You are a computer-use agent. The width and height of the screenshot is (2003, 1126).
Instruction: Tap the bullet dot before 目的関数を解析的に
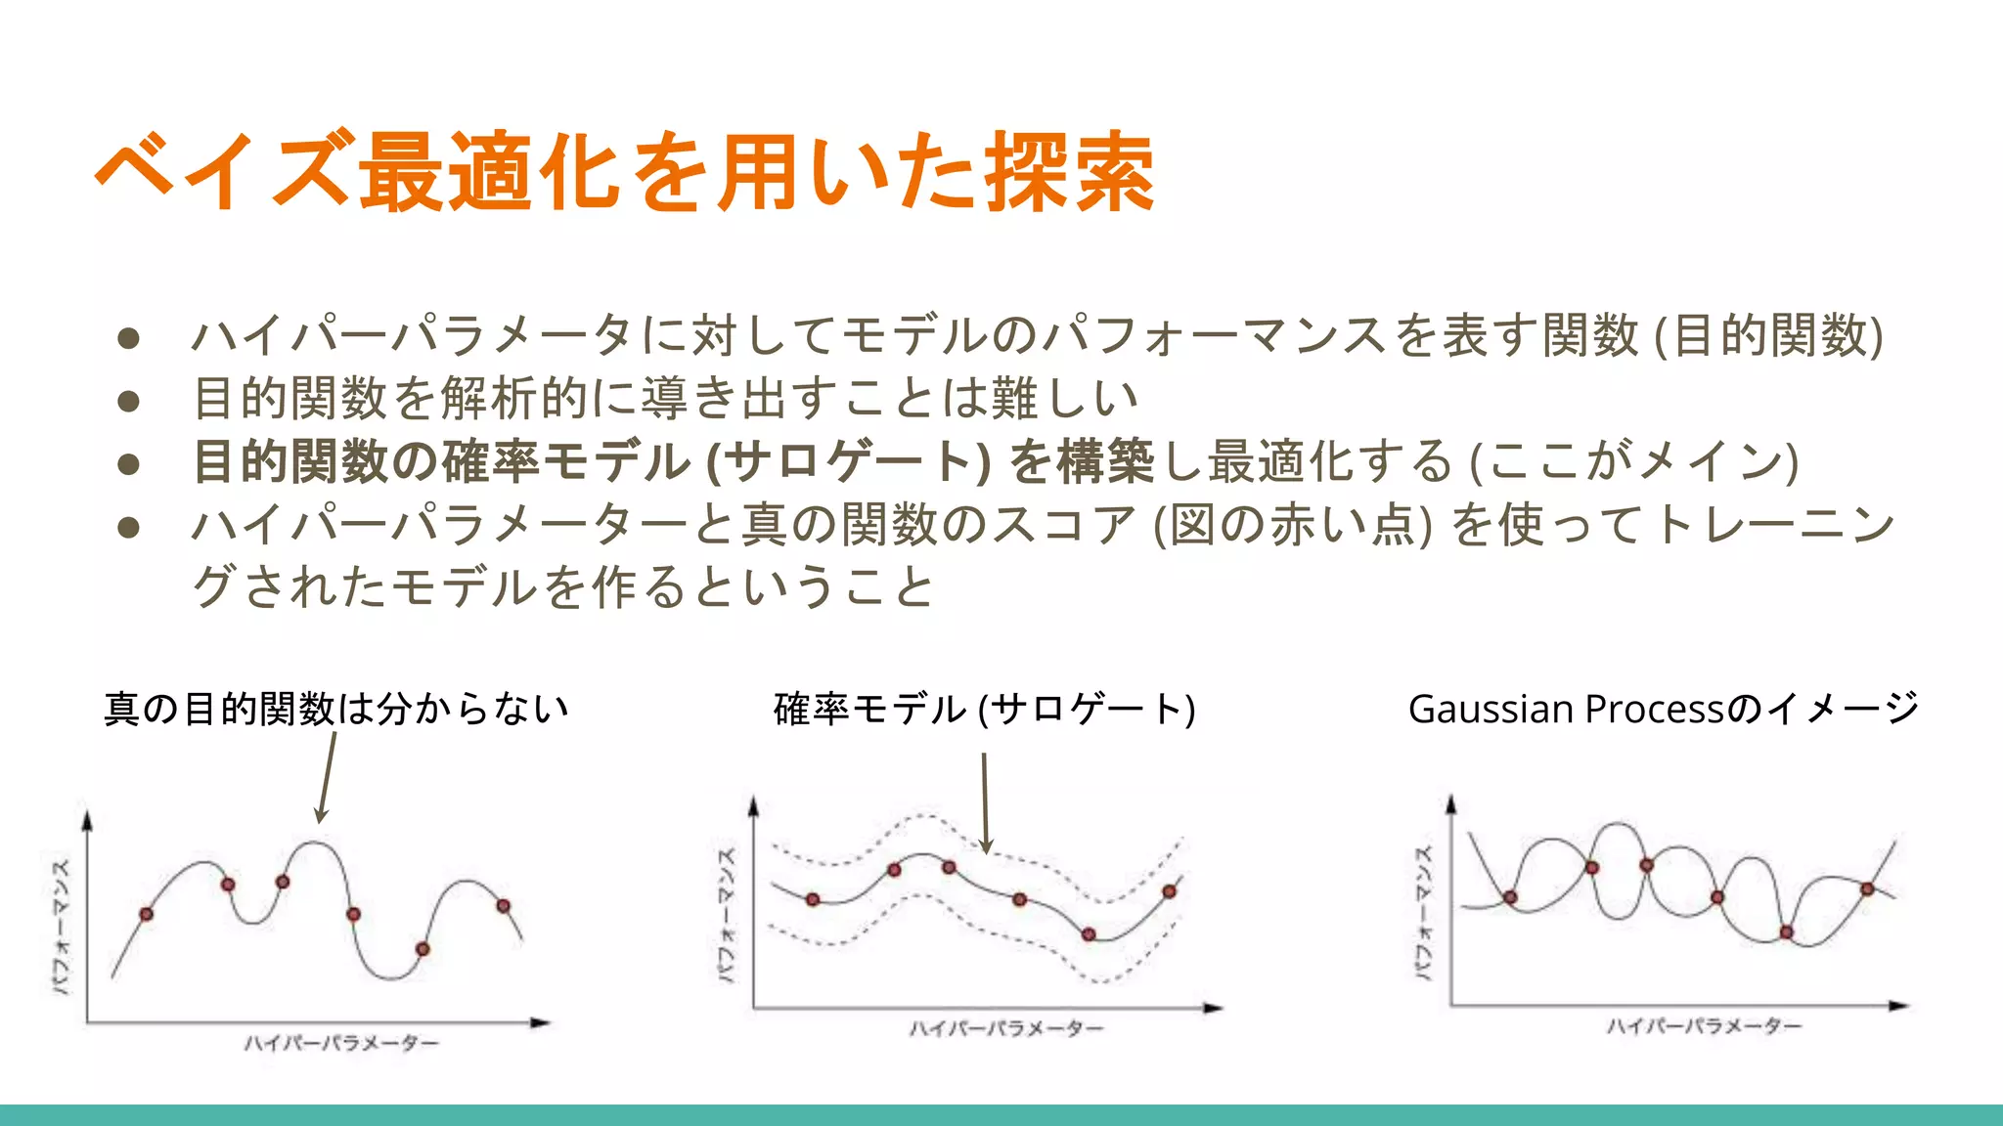point(128,401)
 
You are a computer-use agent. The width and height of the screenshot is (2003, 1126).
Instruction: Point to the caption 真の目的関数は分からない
point(336,709)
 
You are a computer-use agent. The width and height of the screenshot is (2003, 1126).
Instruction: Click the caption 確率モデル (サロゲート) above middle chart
point(984,709)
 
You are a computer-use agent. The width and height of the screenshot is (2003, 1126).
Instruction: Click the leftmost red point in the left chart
point(147,914)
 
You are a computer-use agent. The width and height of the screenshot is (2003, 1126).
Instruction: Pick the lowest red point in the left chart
point(423,949)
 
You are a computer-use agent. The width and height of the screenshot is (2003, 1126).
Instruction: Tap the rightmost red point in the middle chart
point(1169,891)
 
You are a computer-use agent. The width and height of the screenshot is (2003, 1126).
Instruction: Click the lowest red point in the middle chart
point(1089,934)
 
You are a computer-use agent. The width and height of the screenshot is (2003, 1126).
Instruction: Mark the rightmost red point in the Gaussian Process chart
point(1867,888)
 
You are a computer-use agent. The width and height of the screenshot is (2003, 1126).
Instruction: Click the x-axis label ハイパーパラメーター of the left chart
point(341,1044)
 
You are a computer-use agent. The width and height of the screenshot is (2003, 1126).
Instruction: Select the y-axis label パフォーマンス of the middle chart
point(726,914)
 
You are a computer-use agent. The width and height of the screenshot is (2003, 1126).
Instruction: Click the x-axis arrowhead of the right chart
point(1898,1005)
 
